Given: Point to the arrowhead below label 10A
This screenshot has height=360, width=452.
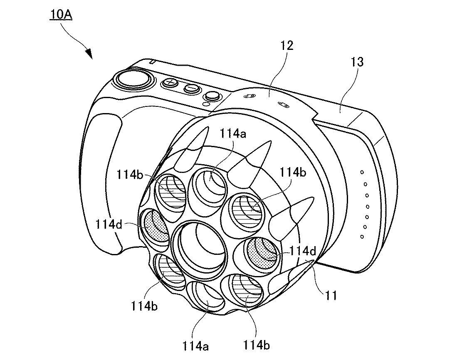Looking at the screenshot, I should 89,53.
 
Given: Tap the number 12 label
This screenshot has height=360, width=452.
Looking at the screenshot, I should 287,45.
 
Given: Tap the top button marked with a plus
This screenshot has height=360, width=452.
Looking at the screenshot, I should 170,83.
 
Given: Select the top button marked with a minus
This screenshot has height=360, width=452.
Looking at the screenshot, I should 191,88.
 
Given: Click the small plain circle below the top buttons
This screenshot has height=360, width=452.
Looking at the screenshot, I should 205,103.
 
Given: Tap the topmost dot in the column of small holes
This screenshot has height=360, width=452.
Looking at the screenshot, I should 361,172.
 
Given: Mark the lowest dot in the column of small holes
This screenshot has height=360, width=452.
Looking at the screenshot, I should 363,237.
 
